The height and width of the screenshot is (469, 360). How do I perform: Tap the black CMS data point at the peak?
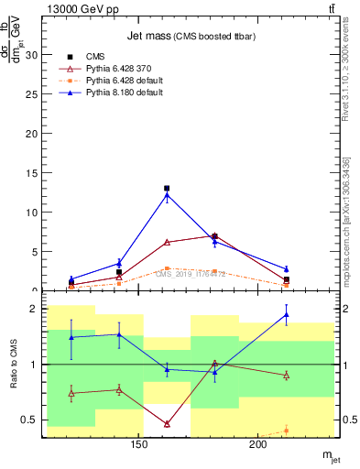coord(167,188)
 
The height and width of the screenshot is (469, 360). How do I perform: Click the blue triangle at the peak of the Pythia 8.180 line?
coord(167,195)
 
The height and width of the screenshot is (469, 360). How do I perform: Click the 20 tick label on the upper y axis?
coord(34,133)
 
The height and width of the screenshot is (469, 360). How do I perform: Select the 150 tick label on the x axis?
coord(139,446)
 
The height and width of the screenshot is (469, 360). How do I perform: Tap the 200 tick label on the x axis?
coord(258,446)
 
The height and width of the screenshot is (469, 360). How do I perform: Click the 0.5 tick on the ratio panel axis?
coord(30,420)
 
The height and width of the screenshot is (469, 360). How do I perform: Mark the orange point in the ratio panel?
coord(286,430)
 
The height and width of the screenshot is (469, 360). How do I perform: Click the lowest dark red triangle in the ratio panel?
coord(167,423)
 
